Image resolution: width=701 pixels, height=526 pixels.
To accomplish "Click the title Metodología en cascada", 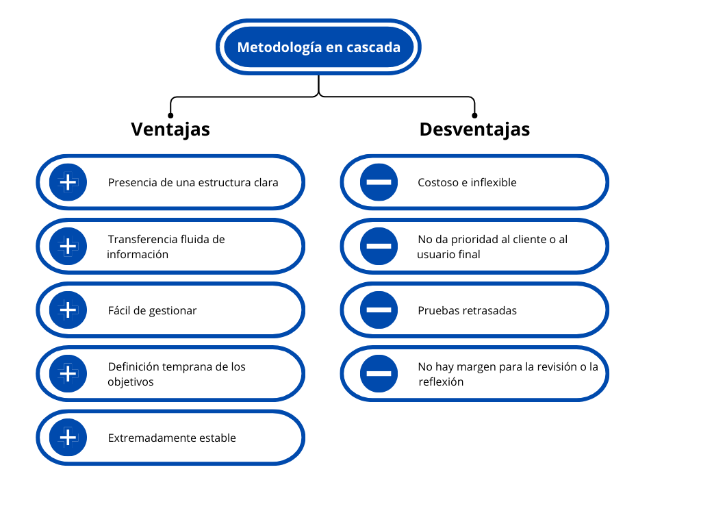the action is (319, 47).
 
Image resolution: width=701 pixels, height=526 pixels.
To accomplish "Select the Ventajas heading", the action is (170, 129).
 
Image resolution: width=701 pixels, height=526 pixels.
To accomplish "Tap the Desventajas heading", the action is (474, 129).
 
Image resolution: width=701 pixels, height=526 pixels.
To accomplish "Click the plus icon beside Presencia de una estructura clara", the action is (68, 182).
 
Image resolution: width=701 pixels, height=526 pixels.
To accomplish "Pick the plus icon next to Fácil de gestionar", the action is (68, 310).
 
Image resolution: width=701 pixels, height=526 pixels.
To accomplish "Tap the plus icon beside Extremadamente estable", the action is (68, 438).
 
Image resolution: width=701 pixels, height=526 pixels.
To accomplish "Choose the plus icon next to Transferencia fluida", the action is (68, 246).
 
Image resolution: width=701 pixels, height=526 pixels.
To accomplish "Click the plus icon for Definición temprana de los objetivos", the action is (68, 373).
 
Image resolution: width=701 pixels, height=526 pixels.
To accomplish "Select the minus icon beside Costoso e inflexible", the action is (379, 182).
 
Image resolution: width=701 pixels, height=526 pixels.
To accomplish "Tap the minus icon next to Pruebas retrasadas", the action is (379, 310).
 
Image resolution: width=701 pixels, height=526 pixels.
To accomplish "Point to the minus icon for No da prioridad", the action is (379, 246).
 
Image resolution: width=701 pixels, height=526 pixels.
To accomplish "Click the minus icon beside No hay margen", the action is (379, 373).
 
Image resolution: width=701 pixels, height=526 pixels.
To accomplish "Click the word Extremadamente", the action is (152, 438).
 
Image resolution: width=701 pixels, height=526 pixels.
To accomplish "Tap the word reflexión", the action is (441, 382).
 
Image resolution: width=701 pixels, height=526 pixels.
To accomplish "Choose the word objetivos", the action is (131, 382).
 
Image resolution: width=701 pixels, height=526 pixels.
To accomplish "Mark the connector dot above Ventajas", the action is (170, 115).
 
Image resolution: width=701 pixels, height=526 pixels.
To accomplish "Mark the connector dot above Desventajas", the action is (474, 115).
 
